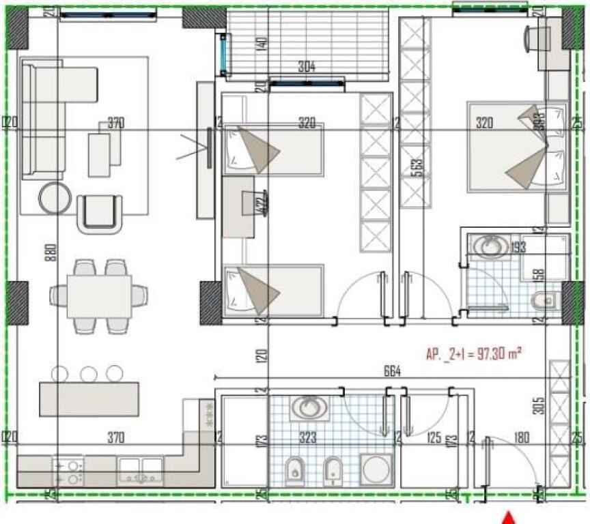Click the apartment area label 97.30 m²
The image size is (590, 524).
pos(475,353)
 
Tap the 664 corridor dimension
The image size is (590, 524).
pos(391,372)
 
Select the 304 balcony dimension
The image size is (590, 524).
pos(307,67)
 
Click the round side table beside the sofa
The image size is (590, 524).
pos(55,198)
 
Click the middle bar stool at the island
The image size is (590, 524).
pos(88,374)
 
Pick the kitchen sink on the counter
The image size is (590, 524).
pos(140,467)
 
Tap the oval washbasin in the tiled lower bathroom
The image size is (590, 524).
pos(308,407)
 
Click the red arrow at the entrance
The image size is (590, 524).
pos(509,517)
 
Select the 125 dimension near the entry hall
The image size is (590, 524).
pos(432,437)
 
